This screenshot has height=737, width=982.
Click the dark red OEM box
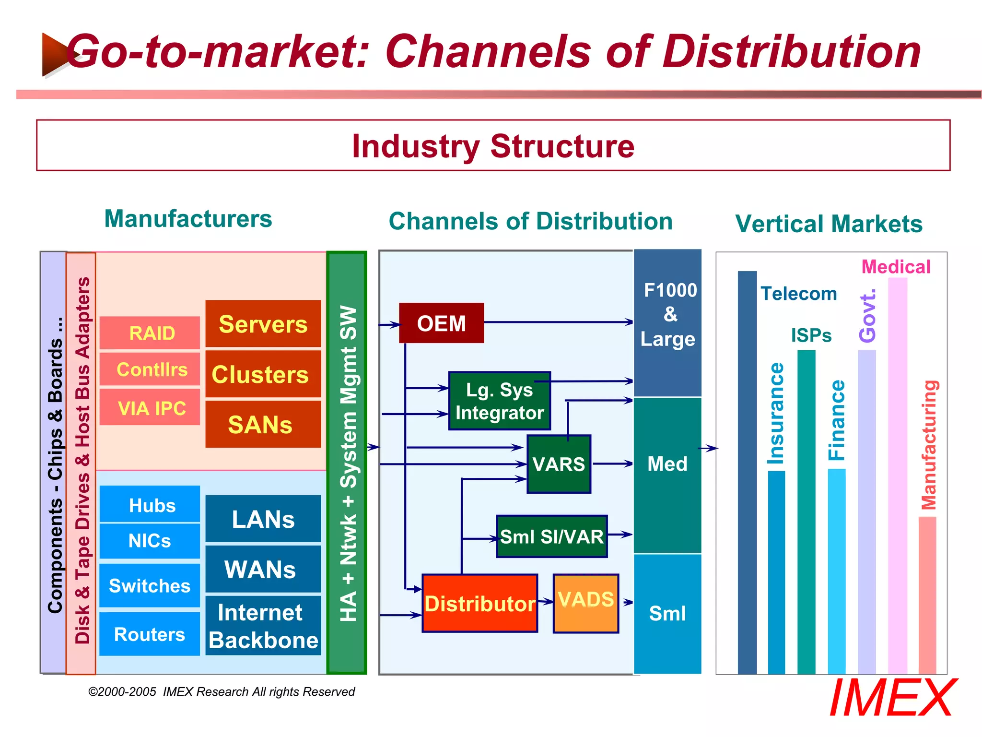441,323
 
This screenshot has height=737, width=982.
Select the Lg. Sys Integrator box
499,401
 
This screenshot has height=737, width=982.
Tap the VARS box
559,464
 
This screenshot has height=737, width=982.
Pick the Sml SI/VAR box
551,536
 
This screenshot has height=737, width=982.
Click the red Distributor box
479,603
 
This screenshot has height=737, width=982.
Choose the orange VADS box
585,603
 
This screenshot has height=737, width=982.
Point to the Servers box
263,324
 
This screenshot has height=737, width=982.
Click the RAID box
150,333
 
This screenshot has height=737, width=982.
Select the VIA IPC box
150,407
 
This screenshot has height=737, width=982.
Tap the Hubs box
150,504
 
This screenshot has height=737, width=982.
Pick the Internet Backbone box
263,626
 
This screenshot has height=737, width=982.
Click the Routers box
150,634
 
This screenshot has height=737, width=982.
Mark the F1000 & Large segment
667,322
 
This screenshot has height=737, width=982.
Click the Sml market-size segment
667,613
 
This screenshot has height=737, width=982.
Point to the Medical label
896,267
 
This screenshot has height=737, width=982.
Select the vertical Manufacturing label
929,445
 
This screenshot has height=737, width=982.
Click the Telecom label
799,294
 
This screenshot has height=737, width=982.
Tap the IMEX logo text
892,698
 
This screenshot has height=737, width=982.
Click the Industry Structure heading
493,146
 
